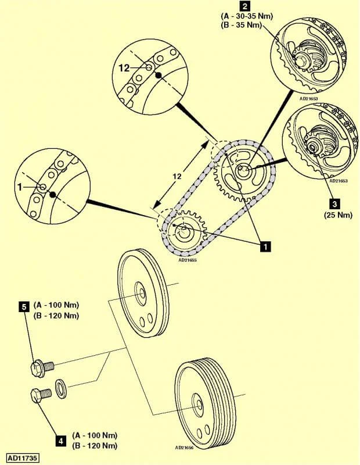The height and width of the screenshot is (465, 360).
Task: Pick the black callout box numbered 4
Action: [60, 441]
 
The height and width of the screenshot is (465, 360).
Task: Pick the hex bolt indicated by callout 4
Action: [40, 396]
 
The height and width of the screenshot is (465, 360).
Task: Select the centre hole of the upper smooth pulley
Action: [141, 291]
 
